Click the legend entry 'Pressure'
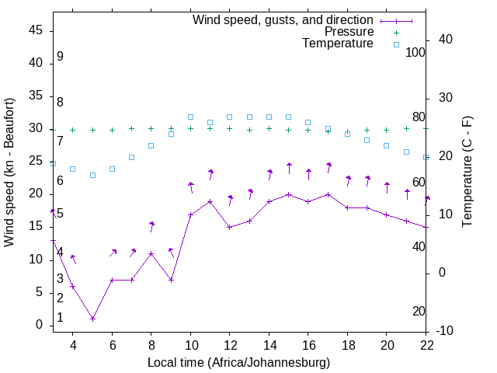pyautogui.click(x=349, y=32)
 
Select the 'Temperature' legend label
pyautogui.click(x=338, y=44)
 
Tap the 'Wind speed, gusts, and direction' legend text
pyautogui.click(x=283, y=19)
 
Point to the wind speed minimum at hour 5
pyautogui.click(x=92, y=319)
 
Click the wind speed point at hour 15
pyautogui.click(x=289, y=194)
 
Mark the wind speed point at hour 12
pyautogui.click(x=230, y=227)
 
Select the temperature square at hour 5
pyautogui.click(x=92, y=175)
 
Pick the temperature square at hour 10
pyautogui.click(x=190, y=117)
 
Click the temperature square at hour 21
pyautogui.click(x=407, y=152)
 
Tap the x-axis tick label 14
pyautogui.click(x=269, y=345)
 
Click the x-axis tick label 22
pyautogui.click(x=426, y=345)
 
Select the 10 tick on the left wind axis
pyautogui.click(x=36, y=260)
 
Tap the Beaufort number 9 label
pyautogui.click(x=60, y=57)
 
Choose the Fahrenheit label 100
pyautogui.click(x=415, y=52)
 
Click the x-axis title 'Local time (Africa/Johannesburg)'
pyautogui.click(x=238, y=362)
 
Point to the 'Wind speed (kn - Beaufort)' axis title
pyautogui.click(x=9, y=173)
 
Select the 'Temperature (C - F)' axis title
pyautogui.click(x=467, y=173)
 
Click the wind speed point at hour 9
pyautogui.click(x=171, y=280)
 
